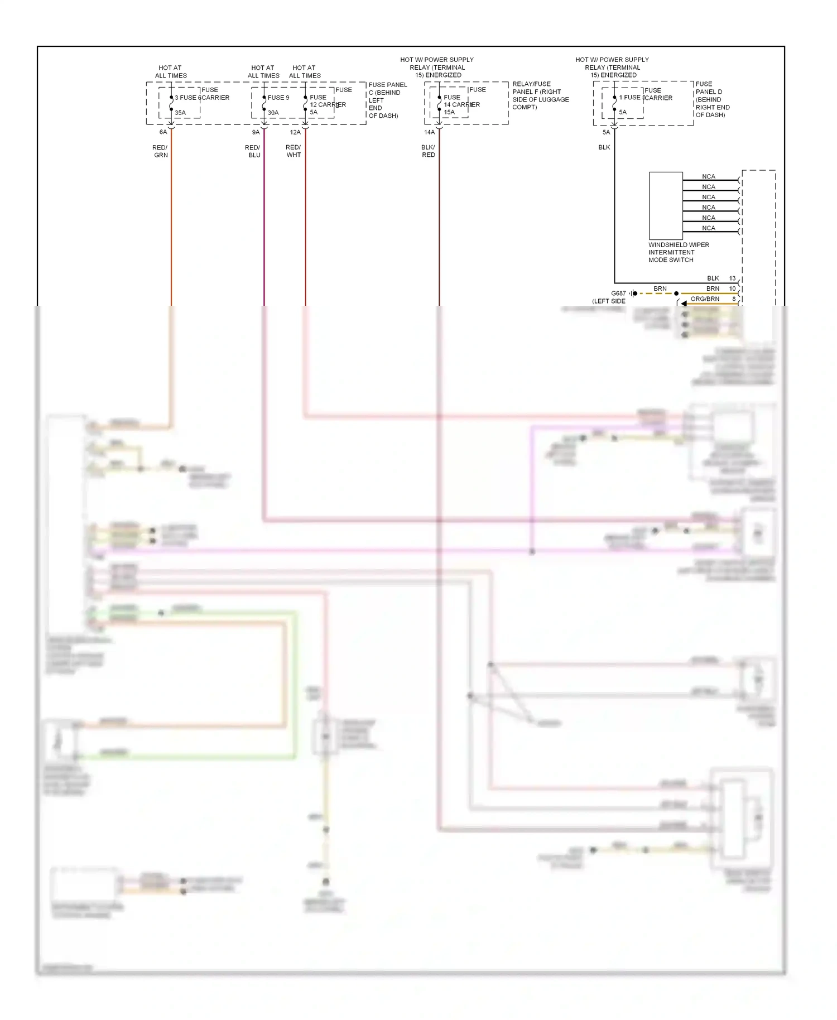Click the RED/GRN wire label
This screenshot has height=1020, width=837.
(160, 151)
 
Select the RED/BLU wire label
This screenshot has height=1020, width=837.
(253, 151)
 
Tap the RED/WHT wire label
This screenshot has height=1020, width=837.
(294, 151)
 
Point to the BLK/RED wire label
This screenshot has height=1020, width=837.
(428, 151)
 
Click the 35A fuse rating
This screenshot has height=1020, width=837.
(180, 113)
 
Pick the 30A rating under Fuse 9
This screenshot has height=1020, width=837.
(273, 113)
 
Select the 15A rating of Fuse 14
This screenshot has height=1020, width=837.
(449, 112)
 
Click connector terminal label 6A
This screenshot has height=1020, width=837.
(163, 132)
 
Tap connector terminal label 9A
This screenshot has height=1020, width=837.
(256, 132)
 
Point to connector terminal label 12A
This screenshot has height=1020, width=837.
(295, 132)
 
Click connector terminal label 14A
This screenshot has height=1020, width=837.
(429, 132)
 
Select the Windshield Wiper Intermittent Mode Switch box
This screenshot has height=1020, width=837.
(666, 205)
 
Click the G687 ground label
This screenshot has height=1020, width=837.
(618, 294)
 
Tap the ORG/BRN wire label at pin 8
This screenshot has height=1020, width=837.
(705, 299)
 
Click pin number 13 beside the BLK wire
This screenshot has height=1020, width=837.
(733, 278)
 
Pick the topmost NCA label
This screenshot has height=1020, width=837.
(709, 176)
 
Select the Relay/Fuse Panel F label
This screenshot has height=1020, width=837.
(540, 95)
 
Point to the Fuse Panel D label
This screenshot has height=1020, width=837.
(711, 99)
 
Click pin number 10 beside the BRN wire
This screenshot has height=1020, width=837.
(733, 288)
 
